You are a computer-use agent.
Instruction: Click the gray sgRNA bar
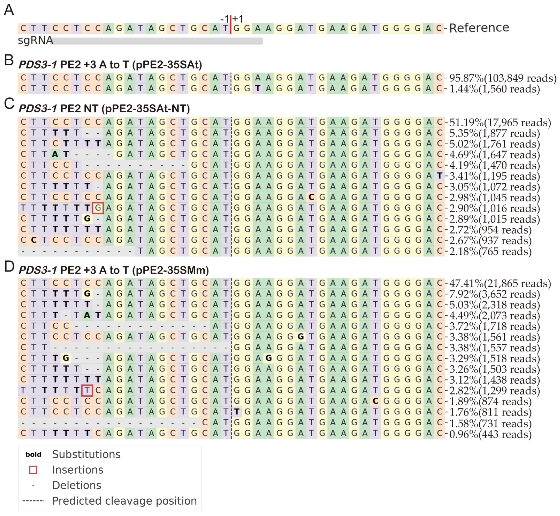(x=158, y=41)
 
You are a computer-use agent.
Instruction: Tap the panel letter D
(x=9, y=267)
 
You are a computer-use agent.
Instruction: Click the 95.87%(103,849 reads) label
(x=502, y=78)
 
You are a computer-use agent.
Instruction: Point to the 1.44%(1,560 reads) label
(x=494, y=89)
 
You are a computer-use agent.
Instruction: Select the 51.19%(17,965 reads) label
(x=500, y=122)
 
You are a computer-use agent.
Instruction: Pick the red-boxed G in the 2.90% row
(x=98, y=208)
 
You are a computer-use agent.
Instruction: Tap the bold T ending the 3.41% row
(x=440, y=176)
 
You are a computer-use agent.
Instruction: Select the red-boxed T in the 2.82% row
(x=87, y=390)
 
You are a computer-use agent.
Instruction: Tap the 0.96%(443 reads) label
(x=490, y=434)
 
